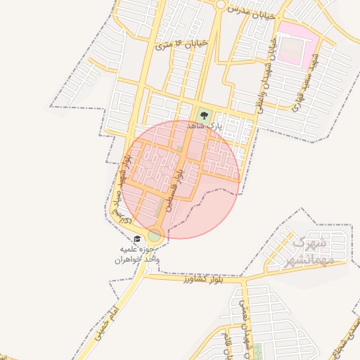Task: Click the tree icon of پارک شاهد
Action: click(x=204, y=113)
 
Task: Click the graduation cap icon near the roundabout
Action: click(x=137, y=239)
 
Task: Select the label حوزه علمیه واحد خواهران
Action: click(x=139, y=254)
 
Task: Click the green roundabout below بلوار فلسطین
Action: click(x=155, y=235)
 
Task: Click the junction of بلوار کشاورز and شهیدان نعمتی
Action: click(x=243, y=280)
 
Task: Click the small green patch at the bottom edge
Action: click(x=257, y=352)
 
